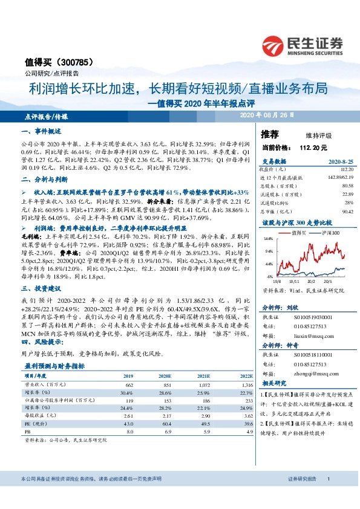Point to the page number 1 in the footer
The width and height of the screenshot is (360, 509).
(x=329, y=478)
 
